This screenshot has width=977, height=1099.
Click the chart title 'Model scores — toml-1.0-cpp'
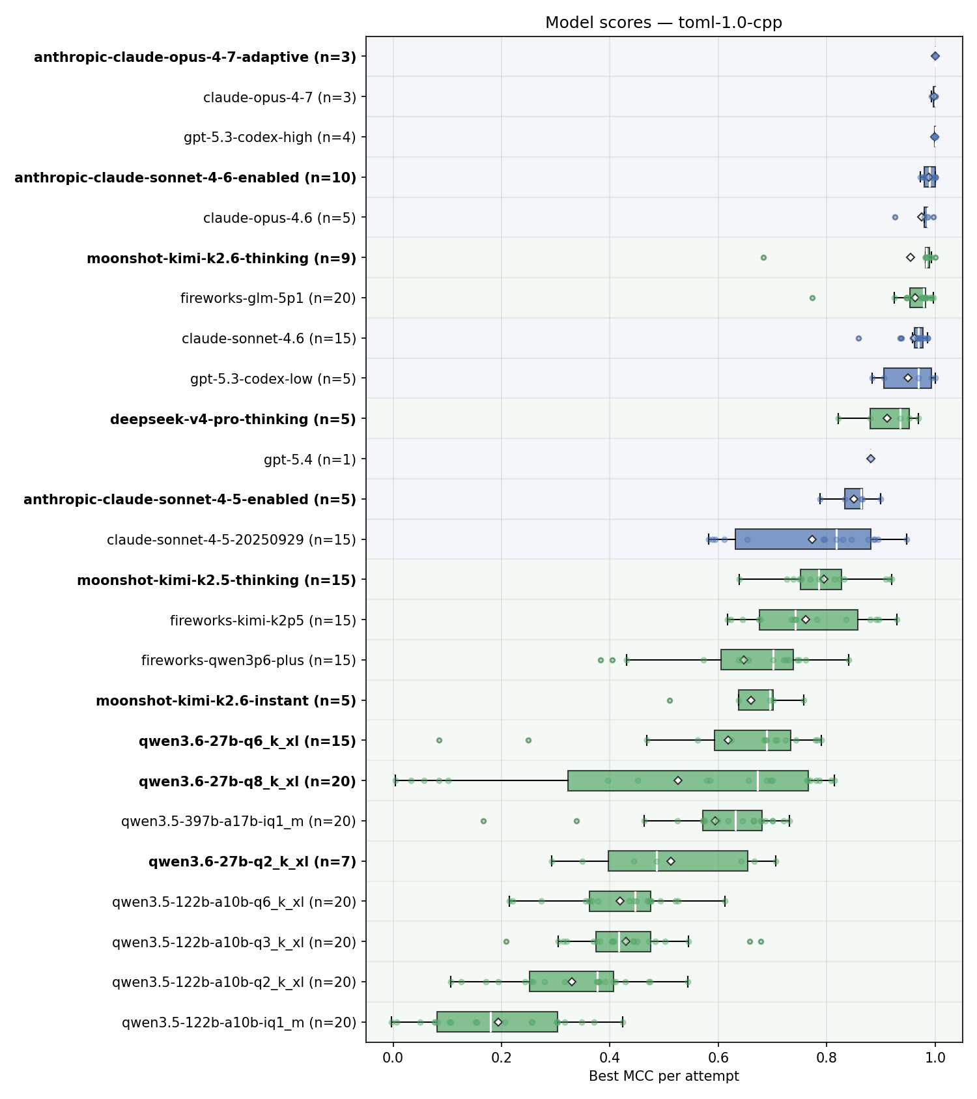pyautogui.click(x=664, y=23)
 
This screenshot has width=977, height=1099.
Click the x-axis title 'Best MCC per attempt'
pyautogui.click(x=664, y=1076)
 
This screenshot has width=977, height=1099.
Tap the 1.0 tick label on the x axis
pyautogui.click(x=935, y=1058)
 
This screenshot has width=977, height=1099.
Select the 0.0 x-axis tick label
pyautogui.click(x=393, y=1058)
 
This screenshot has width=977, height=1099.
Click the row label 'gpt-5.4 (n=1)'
pyautogui.click(x=310, y=459)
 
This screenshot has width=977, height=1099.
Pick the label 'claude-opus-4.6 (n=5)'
pyautogui.click(x=279, y=218)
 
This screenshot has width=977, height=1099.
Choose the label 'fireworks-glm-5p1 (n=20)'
pyautogui.click(x=268, y=298)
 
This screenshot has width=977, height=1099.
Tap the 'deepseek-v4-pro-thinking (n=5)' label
pyautogui.click(x=233, y=419)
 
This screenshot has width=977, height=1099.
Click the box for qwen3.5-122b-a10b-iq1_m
pyautogui.click(x=497, y=1022)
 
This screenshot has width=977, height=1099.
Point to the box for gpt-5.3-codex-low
pyautogui.click(x=907, y=378)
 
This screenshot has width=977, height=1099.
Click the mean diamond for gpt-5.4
pyautogui.click(x=871, y=459)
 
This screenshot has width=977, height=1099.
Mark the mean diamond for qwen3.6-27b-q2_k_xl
pyautogui.click(x=670, y=861)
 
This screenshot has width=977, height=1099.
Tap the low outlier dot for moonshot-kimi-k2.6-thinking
pyautogui.click(x=763, y=257)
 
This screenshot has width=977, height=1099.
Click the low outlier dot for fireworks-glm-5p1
pyautogui.click(x=812, y=298)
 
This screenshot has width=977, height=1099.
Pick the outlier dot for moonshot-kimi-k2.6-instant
pyautogui.click(x=670, y=700)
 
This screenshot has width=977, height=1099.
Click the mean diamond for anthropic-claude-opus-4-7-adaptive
pyautogui.click(x=935, y=57)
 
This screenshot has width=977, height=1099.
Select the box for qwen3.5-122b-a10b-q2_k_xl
pyautogui.click(x=571, y=982)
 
